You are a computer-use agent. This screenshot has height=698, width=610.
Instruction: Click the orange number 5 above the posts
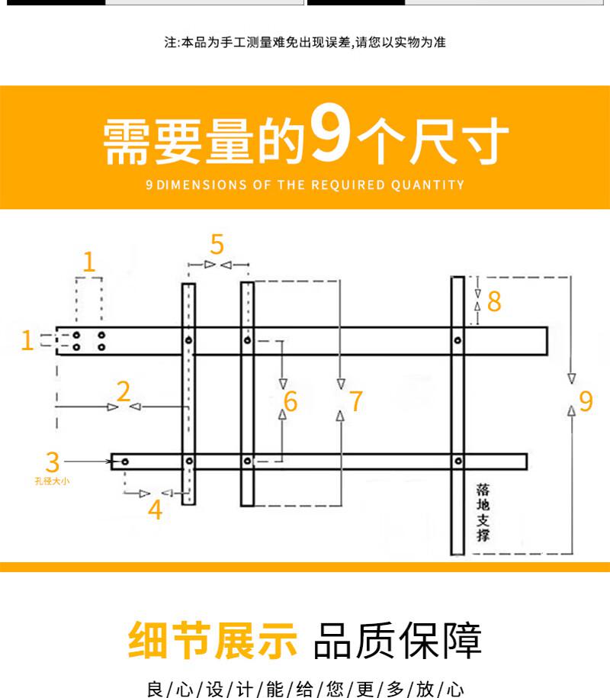tap(217, 244)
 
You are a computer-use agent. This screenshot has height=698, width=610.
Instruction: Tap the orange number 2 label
tap(124, 391)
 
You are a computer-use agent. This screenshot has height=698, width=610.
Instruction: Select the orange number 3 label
tap(53, 462)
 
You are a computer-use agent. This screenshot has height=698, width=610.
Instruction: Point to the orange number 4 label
tap(155, 510)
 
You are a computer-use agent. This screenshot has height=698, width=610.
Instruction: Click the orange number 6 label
tap(291, 401)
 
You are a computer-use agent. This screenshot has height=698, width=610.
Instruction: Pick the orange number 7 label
tap(356, 401)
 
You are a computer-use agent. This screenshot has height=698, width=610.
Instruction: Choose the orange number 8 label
tap(494, 301)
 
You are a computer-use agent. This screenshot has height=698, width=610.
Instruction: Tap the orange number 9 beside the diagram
tap(586, 400)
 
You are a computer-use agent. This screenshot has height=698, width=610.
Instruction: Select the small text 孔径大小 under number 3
tap(52, 481)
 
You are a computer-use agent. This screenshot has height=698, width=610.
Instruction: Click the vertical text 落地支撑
tap(483, 513)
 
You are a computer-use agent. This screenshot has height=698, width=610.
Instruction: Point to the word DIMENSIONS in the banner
tap(201, 185)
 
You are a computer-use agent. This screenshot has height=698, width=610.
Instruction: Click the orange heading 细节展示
tap(213, 640)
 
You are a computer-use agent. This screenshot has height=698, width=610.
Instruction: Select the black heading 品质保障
tap(398, 640)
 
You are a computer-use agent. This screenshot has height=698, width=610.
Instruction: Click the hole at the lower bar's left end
tap(125, 462)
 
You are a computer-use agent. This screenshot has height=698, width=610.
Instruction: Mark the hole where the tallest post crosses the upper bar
tap(457, 340)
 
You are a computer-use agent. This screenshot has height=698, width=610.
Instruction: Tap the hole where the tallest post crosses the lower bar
tap(458, 462)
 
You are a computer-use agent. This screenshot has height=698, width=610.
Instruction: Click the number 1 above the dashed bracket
tap(89, 262)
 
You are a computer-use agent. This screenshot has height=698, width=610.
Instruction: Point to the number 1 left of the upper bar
tap(27, 340)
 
